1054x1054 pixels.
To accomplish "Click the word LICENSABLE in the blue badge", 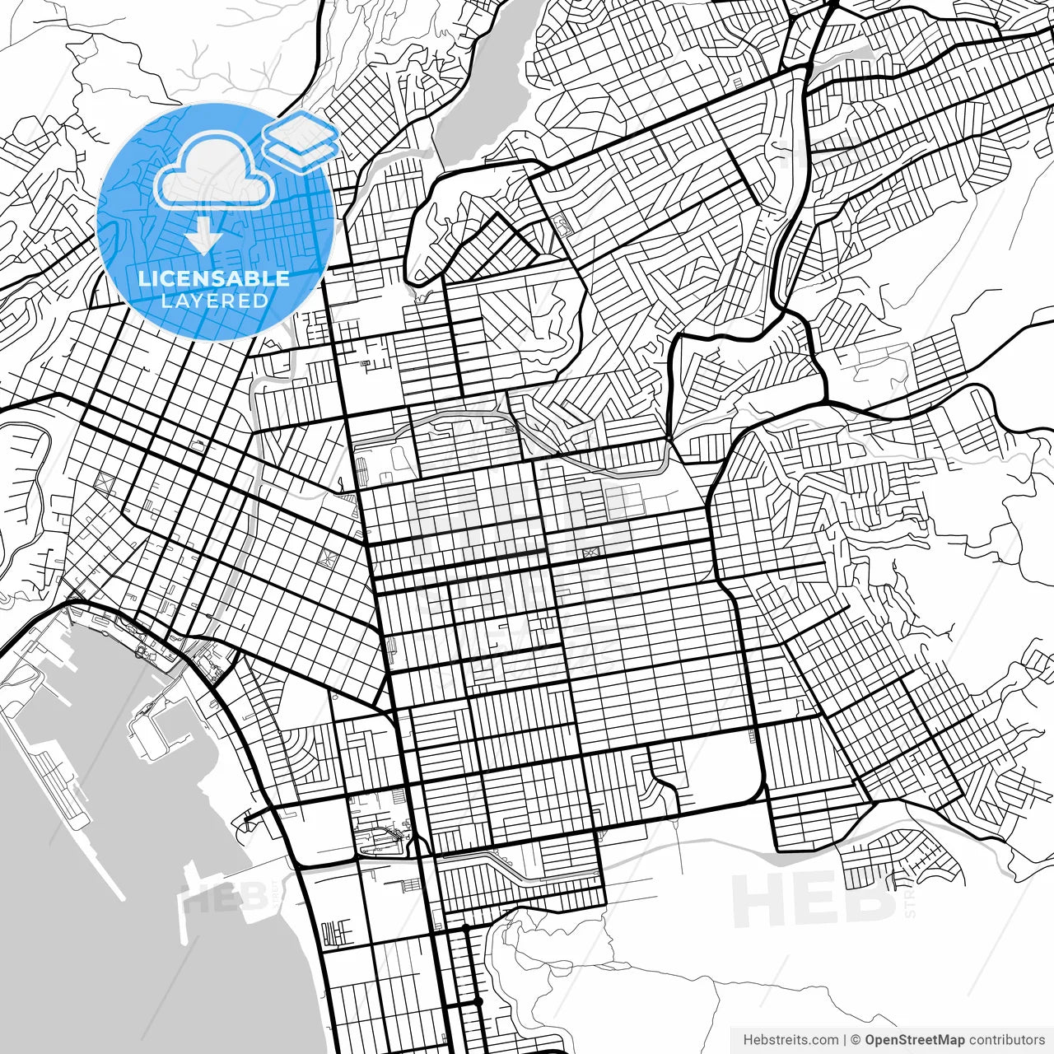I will click(214, 278).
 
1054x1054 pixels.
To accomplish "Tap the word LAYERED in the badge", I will click(214, 301).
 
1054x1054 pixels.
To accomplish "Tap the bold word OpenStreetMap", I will click(914, 1040).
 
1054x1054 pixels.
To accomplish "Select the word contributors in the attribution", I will click(1006, 1040).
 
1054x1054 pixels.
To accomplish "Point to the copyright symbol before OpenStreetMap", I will click(856, 1040).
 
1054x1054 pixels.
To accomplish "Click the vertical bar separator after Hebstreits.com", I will click(845, 1040).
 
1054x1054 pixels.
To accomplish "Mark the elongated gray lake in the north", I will click(486, 82).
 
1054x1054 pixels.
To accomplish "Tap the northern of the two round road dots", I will click(466, 929).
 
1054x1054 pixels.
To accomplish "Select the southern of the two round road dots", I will click(477, 1002).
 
